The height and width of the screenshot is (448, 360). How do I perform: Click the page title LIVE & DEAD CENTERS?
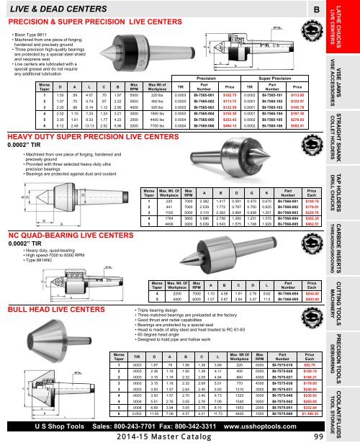(x=51, y=8)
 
